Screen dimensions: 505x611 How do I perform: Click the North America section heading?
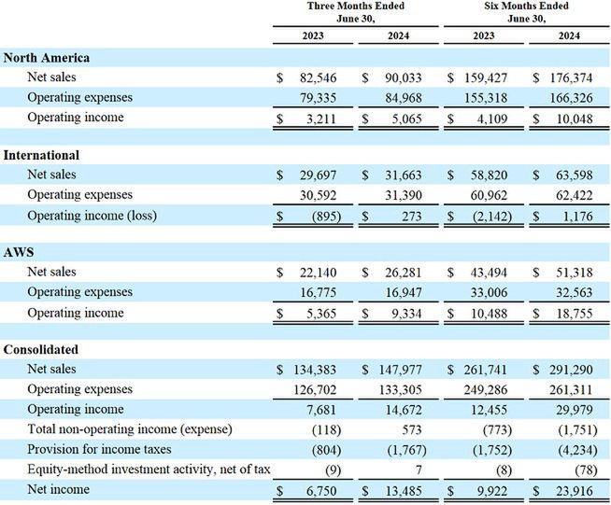pos(47,58)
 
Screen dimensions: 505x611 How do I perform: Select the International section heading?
pos(41,155)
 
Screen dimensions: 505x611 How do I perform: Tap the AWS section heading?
pos(21,252)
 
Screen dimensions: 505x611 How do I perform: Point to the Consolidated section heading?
pos(42,349)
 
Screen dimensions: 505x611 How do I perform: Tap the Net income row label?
pos(58,489)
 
